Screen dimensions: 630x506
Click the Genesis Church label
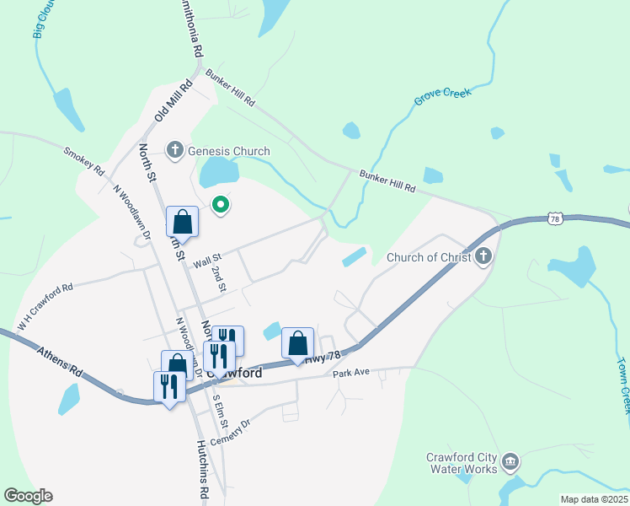[228, 151]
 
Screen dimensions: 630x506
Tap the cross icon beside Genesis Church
[175, 151]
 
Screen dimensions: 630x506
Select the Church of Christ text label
[428, 257]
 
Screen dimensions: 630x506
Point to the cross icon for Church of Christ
[483, 256]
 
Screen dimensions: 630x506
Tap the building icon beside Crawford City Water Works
[510, 462]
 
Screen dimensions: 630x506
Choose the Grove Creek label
[442, 98]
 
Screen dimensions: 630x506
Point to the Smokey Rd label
[84, 161]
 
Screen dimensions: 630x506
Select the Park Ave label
[351, 372]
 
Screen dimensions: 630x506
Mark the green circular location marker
[221, 204]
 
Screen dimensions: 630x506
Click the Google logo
[28, 496]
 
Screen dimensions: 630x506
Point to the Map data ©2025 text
[593, 499]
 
